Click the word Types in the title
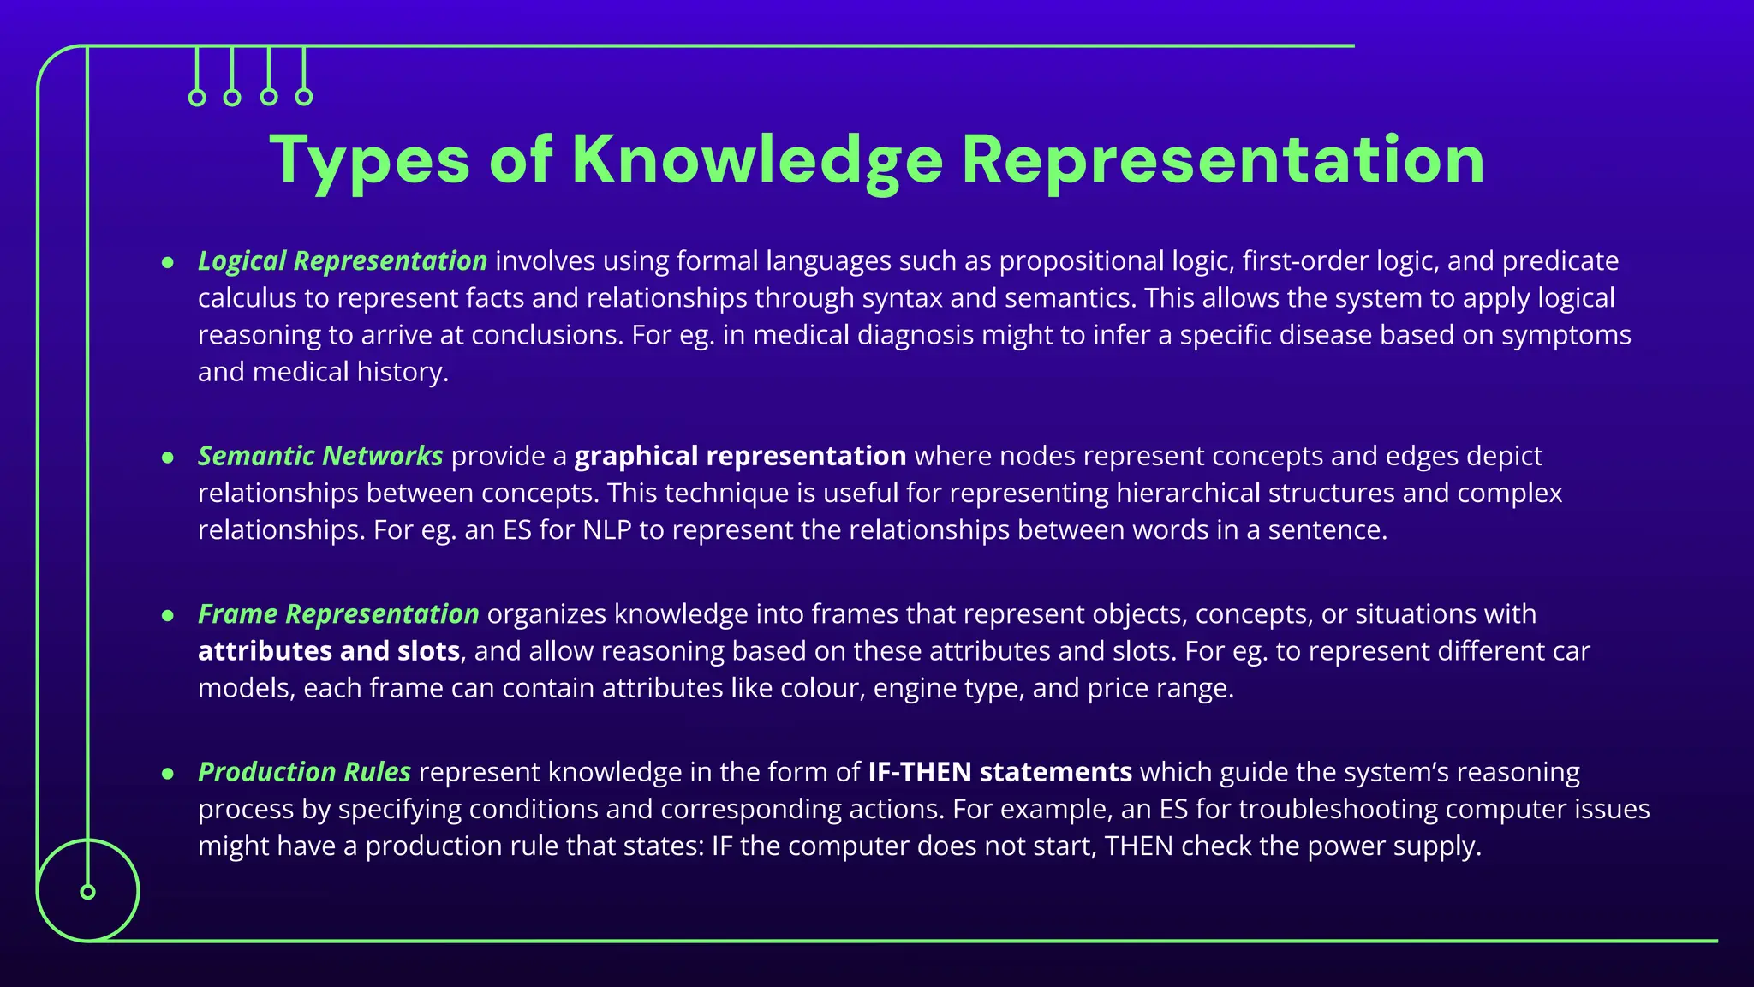pos(369,160)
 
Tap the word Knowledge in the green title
pos(757,160)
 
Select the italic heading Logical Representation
pos(343,260)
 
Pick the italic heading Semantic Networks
pos(320,456)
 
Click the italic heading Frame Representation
pos(338,614)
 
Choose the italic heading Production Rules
pos(304,772)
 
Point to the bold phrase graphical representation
pos(740,456)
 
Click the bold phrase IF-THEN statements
pos(999,772)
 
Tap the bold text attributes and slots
pos(329,651)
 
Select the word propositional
pos(1081,260)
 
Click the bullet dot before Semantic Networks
pos(168,457)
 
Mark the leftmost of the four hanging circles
pos(197,98)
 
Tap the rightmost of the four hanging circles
pos(304,97)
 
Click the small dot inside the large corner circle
pos(87,892)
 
